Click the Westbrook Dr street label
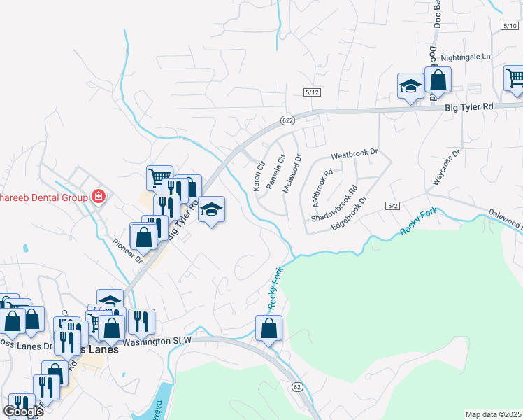[354, 153]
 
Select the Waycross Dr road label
[446, 167]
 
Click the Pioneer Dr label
[127, 251]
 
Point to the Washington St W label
[157, 342]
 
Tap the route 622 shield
[287, 120]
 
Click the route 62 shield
[297, 387]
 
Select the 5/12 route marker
[312, 92]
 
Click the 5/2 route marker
[391, 205]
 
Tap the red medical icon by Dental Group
[99, 197]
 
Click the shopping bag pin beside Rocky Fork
[268, 328]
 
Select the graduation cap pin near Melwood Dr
[211, 210]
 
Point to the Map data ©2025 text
[493, 414]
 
